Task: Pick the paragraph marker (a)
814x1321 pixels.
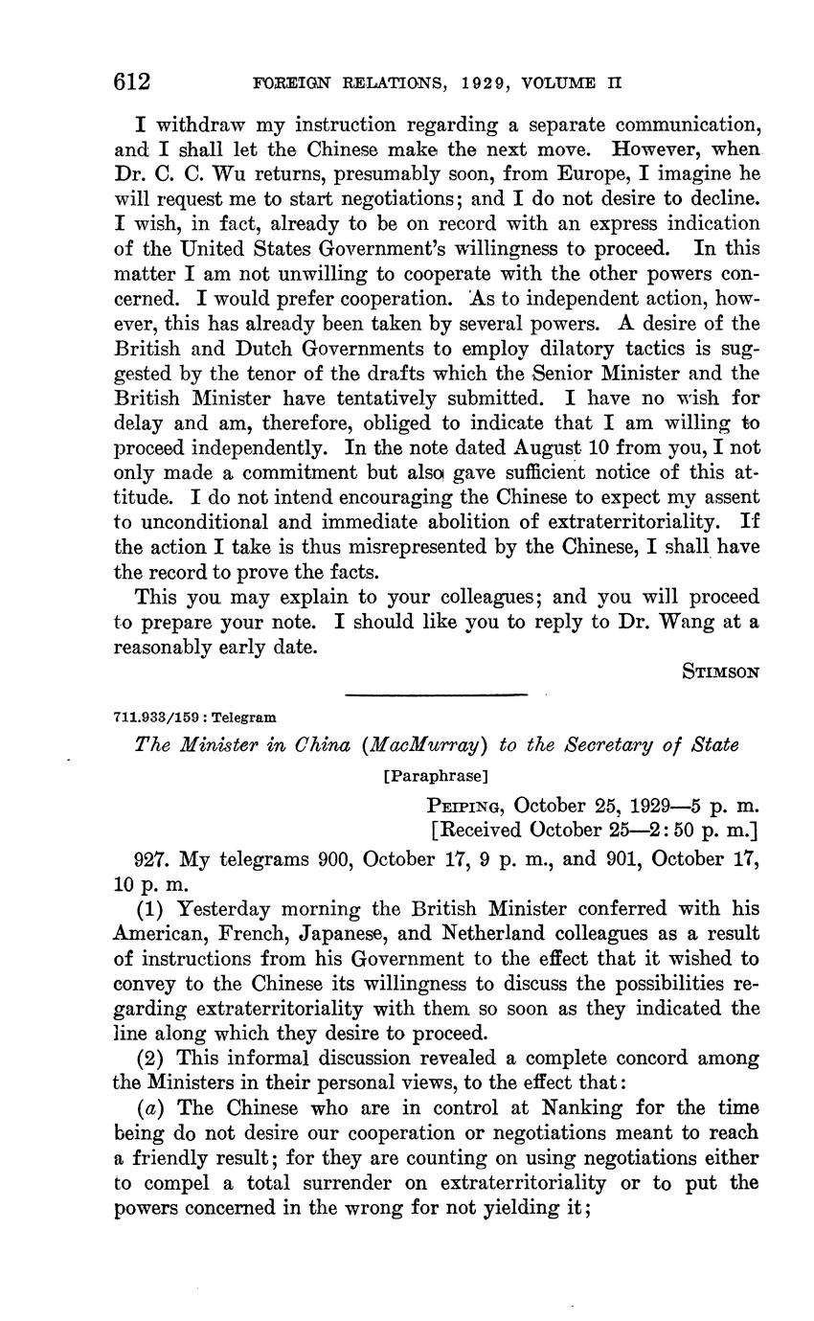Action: pyautogui.click(x=154, y=1107)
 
